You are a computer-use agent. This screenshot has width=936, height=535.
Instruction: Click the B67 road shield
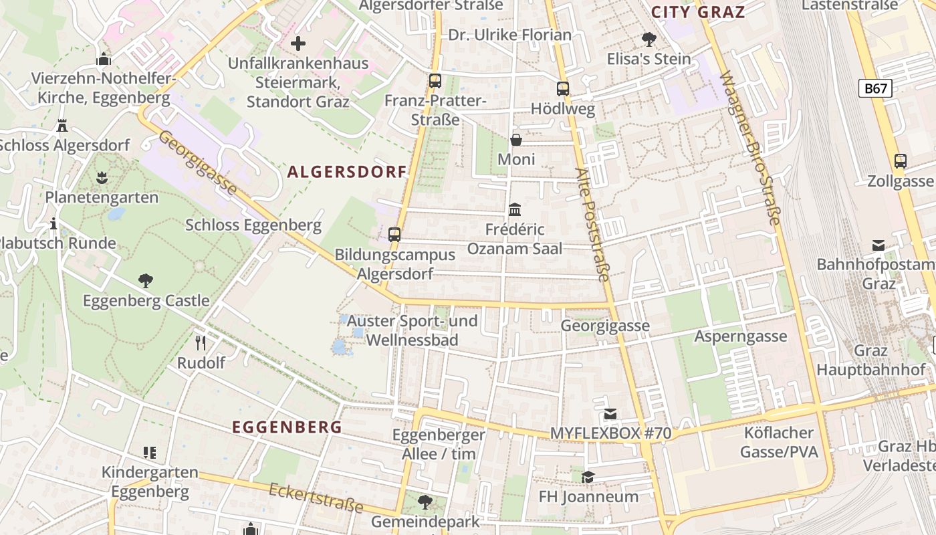[x=875, y=88]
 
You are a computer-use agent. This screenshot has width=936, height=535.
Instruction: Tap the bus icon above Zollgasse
[x=901, y=161]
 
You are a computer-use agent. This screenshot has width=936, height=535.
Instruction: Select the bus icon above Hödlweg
[x=563, y=88]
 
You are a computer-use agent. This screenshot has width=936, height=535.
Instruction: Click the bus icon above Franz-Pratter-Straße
[x=435, y=81]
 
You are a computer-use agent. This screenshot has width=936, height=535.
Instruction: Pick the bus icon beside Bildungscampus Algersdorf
[x=394, y=235]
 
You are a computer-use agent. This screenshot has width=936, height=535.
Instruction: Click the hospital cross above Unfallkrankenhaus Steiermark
[x=298, y=44]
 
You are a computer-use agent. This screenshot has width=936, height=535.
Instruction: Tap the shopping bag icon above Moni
[x=516, y=140]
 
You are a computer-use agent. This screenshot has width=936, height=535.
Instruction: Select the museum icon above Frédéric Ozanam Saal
[x=515, y=210]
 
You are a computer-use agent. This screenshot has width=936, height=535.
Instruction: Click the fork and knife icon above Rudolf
[x=201, y=343]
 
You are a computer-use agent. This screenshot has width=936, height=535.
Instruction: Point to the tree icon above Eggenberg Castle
[x=146, y=281]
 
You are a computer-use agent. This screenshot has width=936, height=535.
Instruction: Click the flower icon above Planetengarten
[x=102, y=178]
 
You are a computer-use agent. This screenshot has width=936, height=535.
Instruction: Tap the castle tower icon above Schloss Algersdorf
[x=62, y=125]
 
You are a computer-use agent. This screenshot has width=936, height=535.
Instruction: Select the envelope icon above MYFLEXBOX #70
[x=610, y=414]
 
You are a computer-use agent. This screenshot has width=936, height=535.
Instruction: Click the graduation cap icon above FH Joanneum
[x=588, y=477]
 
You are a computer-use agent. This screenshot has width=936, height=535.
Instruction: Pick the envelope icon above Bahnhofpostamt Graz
[x=879, y=245]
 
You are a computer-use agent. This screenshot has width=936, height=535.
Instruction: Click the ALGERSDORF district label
[x=347, y=172]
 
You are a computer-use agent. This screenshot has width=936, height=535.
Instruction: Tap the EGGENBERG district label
[x=287, y=427]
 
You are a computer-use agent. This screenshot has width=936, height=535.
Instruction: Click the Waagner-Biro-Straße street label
[x=750, y=148]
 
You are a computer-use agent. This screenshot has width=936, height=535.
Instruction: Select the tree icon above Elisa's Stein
[x=649, y=39]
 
